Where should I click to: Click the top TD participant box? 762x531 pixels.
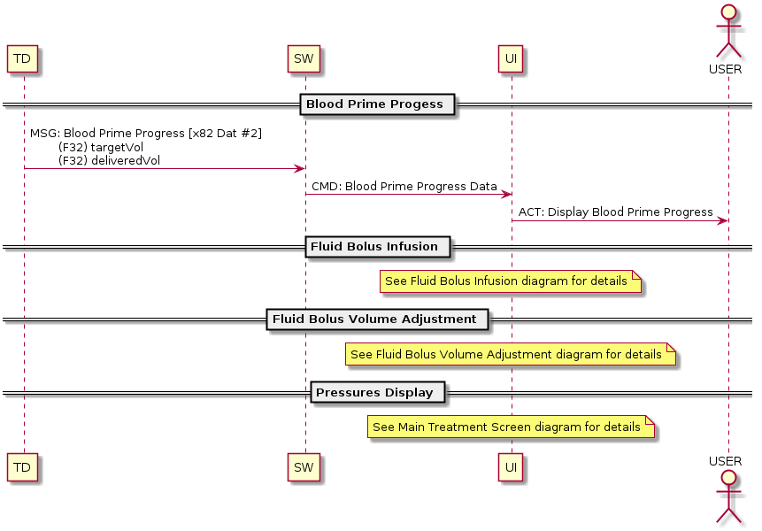(24, 59)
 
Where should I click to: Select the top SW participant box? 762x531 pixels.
(304, 59)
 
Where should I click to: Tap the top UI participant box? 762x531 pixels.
(511, 59)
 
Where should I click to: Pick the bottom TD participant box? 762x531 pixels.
(24, 466)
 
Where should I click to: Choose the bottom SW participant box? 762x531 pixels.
(304, 466)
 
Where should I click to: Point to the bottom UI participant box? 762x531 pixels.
(511, 466)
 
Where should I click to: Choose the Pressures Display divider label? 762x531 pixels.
(375, 392)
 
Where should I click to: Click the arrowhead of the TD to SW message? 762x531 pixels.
(300, 168)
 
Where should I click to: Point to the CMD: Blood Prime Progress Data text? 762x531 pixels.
(404, 187)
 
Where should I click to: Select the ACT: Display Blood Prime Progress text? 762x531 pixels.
(615, 212)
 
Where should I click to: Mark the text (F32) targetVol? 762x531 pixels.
(100, 147)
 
